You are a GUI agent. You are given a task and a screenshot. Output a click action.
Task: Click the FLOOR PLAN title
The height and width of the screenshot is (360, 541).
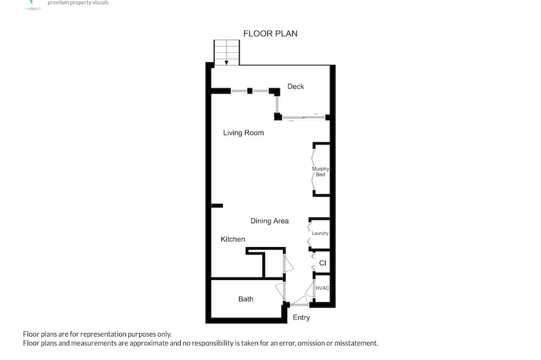click(x=270, y=34)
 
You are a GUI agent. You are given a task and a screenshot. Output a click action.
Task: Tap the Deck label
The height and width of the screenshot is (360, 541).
click(x=296, y=86)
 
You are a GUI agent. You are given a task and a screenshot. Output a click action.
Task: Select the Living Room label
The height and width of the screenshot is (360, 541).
click(x=243, y=133)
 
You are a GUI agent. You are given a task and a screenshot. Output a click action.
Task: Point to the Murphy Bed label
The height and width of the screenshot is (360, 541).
click(x=320, y=171)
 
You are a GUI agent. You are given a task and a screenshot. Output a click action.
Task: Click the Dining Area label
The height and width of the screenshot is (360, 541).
click(x=269, y=221)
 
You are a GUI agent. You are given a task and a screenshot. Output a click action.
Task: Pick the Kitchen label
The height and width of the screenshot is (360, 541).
click(x=233, y=239)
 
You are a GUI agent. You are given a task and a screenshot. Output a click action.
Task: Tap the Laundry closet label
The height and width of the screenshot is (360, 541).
click(x=320, y=233)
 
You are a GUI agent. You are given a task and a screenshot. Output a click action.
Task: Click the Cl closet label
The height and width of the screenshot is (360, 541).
click(x=322, y=263)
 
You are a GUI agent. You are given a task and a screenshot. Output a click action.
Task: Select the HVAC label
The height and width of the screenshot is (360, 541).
click(x=322, y=288)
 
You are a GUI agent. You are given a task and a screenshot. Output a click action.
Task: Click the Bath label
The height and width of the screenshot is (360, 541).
click(x=246, y=299)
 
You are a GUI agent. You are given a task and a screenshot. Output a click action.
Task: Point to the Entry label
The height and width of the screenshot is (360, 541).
click(x=301, y=318)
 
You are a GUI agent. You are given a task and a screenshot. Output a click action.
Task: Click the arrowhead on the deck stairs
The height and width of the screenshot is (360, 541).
click(x=226, y=62)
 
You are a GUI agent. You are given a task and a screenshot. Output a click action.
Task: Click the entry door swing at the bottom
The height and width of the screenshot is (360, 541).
click(x=300, y=301)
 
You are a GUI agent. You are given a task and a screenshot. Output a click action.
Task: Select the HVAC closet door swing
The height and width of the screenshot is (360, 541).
click(x=311, y=289)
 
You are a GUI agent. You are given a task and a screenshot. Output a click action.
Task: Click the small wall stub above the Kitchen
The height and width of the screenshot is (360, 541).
click(x=217, y=205)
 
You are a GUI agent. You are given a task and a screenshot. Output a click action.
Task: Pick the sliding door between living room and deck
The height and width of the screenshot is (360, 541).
click(x=304, y=118)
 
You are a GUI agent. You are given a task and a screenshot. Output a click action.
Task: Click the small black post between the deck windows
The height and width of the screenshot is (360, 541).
click(x=250, y=91)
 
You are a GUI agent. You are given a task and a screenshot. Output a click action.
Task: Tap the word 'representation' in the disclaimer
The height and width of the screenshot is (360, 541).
click(x=103, y=334)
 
